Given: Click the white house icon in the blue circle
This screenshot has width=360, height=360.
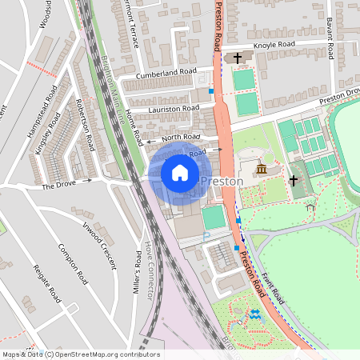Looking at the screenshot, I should pos(180,171).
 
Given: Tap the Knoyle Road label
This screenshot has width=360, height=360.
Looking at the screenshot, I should pos(274,45).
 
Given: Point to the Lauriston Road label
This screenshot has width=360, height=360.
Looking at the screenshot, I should pos(174,108).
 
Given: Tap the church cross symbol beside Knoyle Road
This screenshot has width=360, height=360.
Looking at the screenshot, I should pos(238,58).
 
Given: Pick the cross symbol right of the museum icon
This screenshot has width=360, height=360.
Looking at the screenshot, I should pos(294,181).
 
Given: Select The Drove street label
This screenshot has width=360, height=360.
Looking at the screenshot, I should pos(58,185).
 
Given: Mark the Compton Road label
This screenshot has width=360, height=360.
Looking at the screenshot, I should pos(73,265).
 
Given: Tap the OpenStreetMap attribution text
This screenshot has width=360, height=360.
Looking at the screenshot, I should pos(80,354).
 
